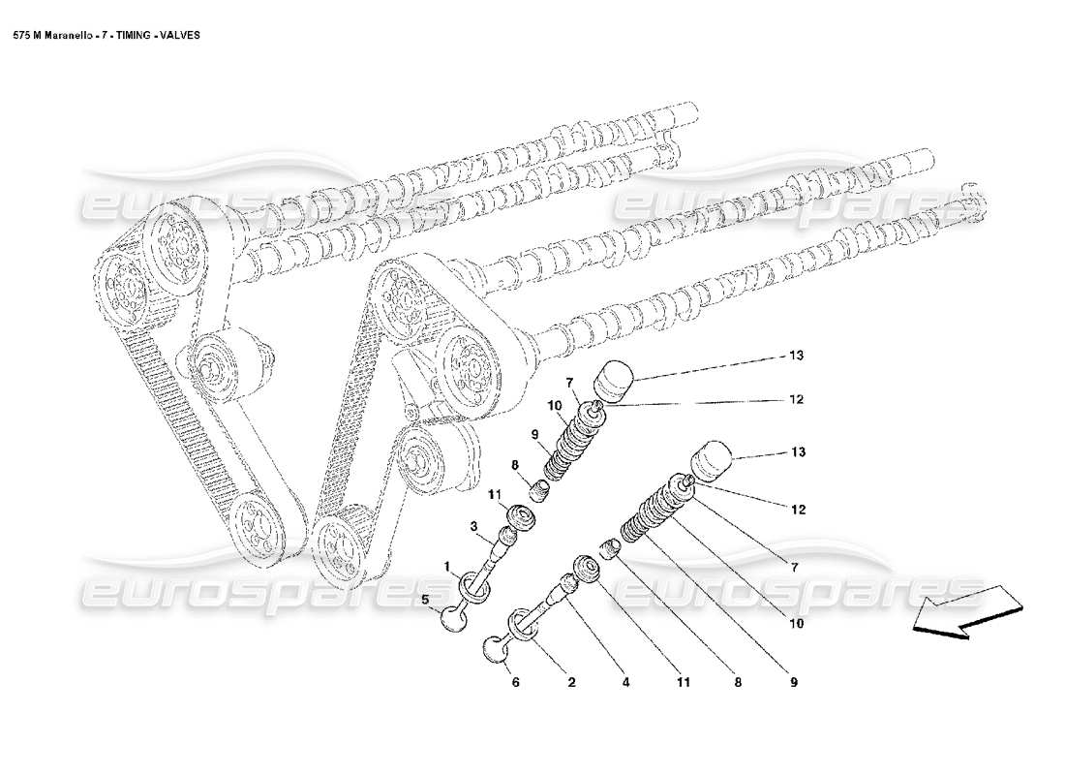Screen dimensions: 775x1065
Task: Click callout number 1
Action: point(447,565)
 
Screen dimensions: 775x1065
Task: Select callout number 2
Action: point(571,682)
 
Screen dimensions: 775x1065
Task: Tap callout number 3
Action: point(475,526)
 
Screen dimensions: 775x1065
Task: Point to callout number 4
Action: point(626,682)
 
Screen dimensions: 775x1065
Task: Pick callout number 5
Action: point(425,601)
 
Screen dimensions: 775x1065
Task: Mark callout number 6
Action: point(515,682)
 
